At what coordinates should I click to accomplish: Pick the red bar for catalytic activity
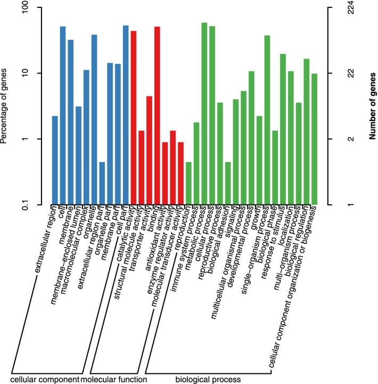(134, 117)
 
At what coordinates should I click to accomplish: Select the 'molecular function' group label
(113, 379)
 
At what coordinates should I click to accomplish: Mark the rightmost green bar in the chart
(314, 138)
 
